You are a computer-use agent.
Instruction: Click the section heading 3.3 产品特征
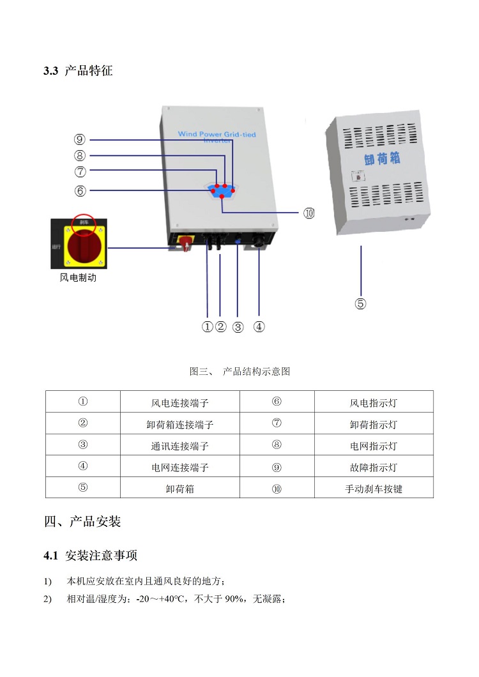coord(78,71)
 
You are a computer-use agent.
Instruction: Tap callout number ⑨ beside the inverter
coord(80,139)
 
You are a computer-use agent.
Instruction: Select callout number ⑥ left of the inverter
coord(80,190)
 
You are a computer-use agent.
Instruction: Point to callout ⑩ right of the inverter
coord(309,213)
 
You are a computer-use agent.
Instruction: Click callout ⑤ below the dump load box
coord(361,303)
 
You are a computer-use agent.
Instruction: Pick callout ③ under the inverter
coord(238,327)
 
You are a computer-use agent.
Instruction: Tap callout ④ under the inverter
coord(259,327)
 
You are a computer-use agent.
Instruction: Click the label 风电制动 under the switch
coord(78,278)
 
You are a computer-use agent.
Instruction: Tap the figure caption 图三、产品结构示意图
coord(240,371)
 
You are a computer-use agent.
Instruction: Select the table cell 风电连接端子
coord(179,403)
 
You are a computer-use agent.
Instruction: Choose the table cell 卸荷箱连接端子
coord(179,424)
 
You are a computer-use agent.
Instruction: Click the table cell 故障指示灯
coord(373,468)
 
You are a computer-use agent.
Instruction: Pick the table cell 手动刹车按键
coord(373,489)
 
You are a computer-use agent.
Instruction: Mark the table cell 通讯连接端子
coord(179,446)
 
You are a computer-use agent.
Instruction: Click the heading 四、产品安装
coord(82,522)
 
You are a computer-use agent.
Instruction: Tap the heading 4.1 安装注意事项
coord(91,555)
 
